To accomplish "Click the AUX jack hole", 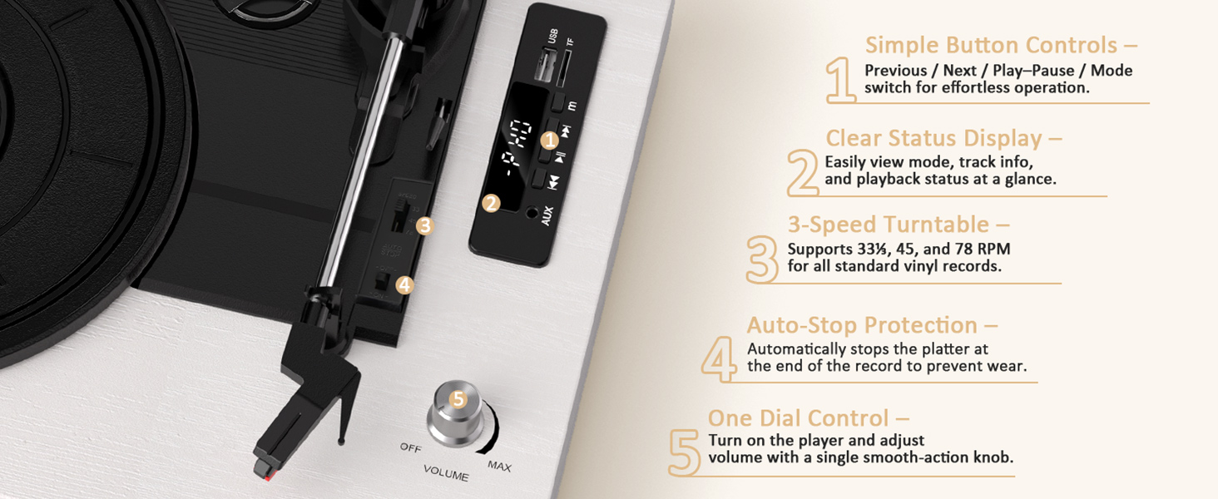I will point(532,213).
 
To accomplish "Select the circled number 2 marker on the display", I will point(490,202).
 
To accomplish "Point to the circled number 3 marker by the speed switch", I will point(425,225).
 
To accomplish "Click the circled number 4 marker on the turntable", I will point(404,284).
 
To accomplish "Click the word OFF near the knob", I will point(411,447).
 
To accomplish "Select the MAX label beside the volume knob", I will point(499,466).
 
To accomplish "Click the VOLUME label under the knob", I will point(446,473).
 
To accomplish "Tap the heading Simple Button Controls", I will point(1001,45).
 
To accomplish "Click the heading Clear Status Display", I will point(943,138).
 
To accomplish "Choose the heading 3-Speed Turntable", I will point(899,225).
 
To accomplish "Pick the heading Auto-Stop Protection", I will point(872,325).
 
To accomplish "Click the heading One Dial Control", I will point(808,417).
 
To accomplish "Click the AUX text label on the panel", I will point(547,215).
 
